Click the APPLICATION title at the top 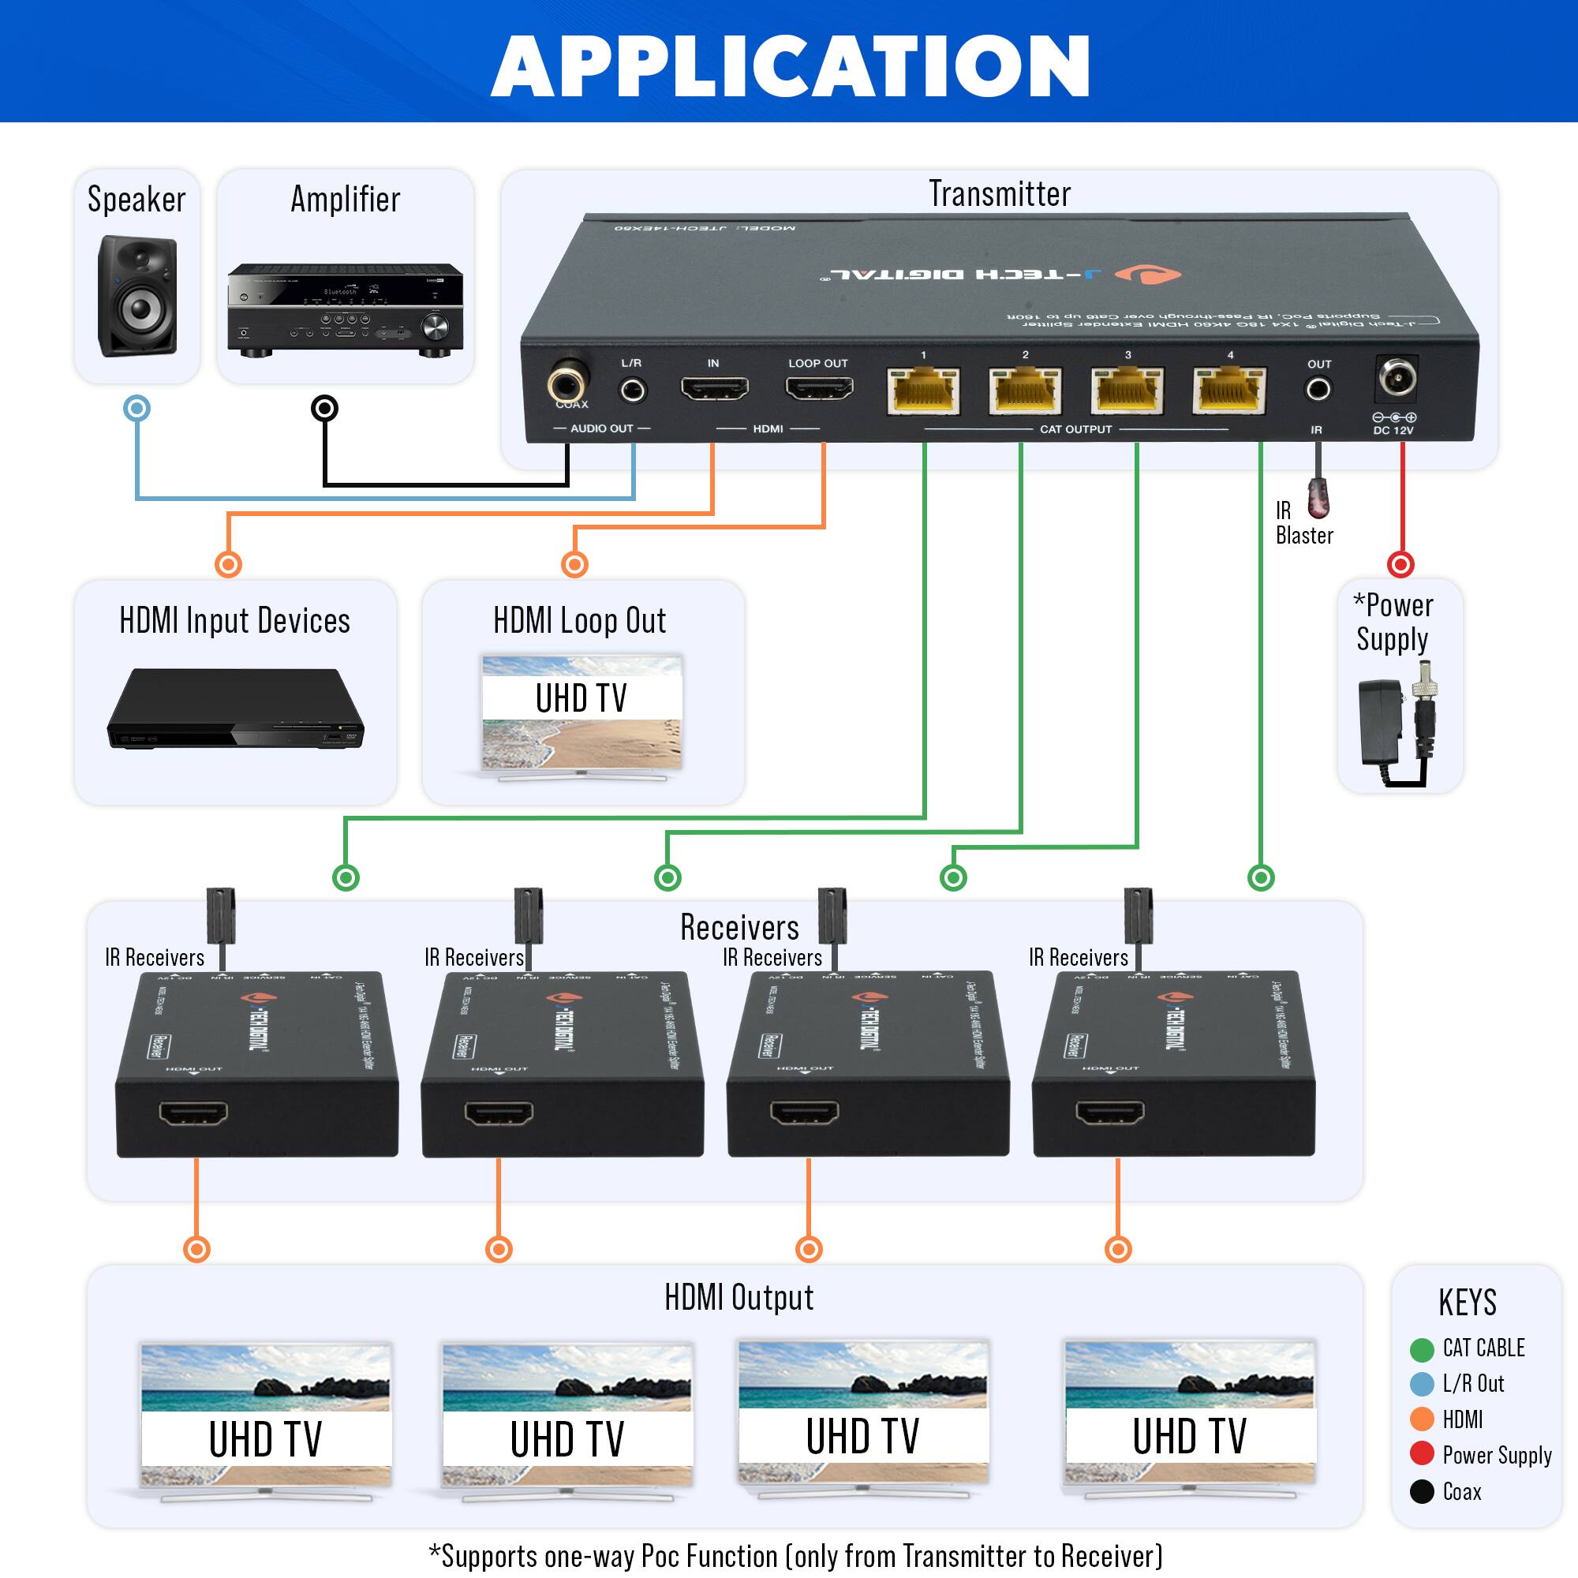pyautogui.click(x=789, y=67)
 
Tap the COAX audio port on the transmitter pyautogui.click(x=567, y=381)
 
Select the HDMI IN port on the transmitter pyautogui.click(x=715, y=388)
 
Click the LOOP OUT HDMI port pyautogui.click(x=819, y=388)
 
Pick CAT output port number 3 pyautogui.click(x=1127, y=391)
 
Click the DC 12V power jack pyautogui.click(x=1397, y=377)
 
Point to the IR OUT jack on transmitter pyautogui.click(x=1318, y=389)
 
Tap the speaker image pyautogui.click(x=137, y=296)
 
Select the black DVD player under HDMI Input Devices pyautogui.click(x=235, y=709)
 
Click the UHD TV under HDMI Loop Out pyautogui.click(x=581, y=716)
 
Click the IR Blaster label pyautogui.click(x=1303, y=523)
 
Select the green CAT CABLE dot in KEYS pyautogui.click(x=1421, y=1349)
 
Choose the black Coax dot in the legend pyautogui.click(x=1421, y=1491)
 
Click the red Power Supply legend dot pyautogui.click(x=1421, y=1454)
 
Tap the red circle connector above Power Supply pyautogui.click(x=1400, y=563)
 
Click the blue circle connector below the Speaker pyautogui.click(x=136, y=408)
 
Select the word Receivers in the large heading pyautogui.click(x=739, y=927)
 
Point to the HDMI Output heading pyautogui.click(x=739, y=1298)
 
